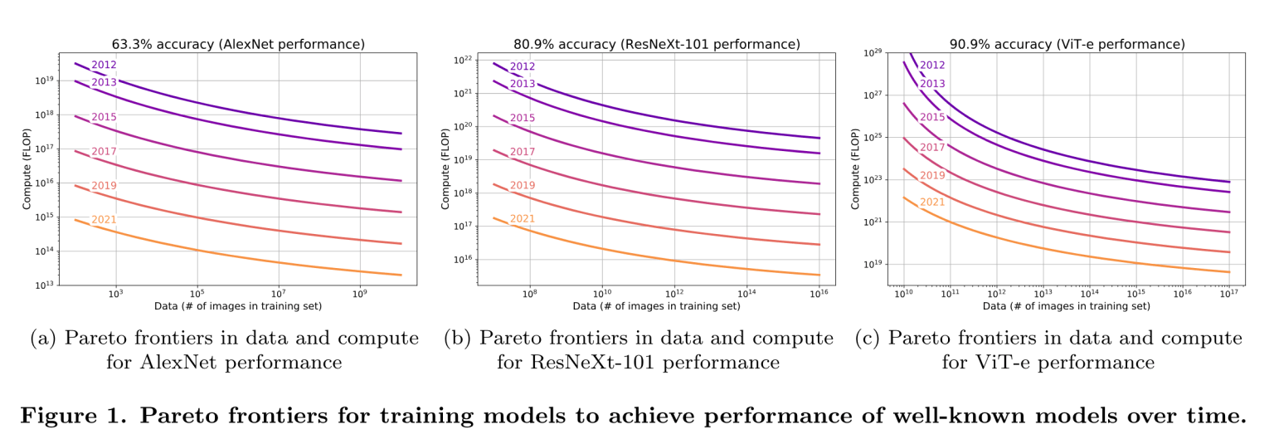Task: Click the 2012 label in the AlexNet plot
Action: pyautogui.click(x=104, y=66)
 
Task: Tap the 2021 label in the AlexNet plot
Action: pyautogui.click(x=104, y=220)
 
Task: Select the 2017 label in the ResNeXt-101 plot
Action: pyautogui.click(x=523, y=152)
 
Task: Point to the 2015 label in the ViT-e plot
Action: pyautogui.click(x=932, y=117)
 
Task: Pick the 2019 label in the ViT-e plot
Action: pyautogui.click(x=932, y=175)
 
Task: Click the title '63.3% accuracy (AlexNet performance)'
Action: pyautogui.click(x=239, y=44)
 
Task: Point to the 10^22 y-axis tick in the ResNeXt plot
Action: pyautogui.click(x=460, y=60)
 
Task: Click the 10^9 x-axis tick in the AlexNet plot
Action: pyautogui.click(x=360, y=295)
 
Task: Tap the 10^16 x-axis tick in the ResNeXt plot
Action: pyautogui.click(x=819, y=295)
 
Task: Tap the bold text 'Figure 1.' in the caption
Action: pyautogui.click(x=72, y=415)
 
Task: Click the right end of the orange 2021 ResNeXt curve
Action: pyautogui.click(x=819, y=275)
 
